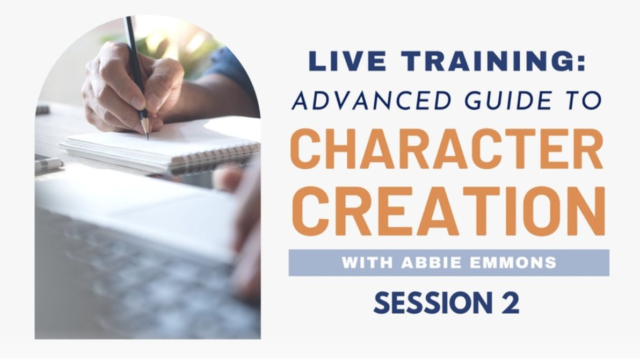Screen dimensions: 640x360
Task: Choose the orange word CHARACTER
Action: coord(447,149)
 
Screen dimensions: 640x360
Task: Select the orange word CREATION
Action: coord(448,211)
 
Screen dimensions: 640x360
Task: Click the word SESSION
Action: coord(433,303)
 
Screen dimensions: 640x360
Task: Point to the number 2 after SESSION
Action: coord(511,303)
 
